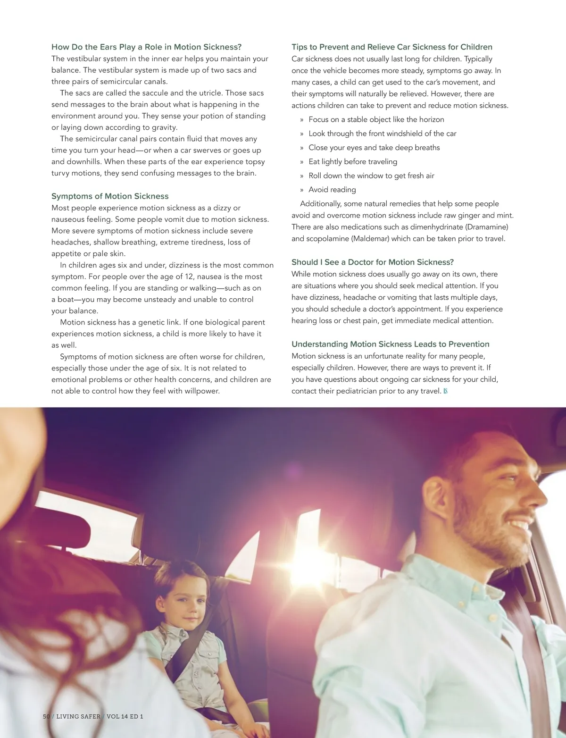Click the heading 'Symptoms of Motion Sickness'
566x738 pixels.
pos(110,196)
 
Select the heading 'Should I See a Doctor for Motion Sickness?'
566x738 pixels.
pos(372,262)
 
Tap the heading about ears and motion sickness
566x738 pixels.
pos(146,47)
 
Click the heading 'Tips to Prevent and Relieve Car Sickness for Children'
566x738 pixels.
pos(391,47)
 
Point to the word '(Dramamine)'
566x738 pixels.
pos(487,227)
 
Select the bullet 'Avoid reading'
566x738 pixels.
pos(332,190)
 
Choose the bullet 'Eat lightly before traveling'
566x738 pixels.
pos(353,162)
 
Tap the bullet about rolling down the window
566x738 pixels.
pos(371,176)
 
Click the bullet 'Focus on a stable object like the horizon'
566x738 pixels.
pos(376,120)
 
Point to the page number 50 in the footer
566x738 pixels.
pos(46,716)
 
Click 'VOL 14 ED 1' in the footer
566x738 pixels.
pos(125,716)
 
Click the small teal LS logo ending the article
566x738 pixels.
pos(445,391)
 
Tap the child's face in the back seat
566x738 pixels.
pos(184,599)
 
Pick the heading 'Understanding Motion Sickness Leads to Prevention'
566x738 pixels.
pos(390,344)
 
